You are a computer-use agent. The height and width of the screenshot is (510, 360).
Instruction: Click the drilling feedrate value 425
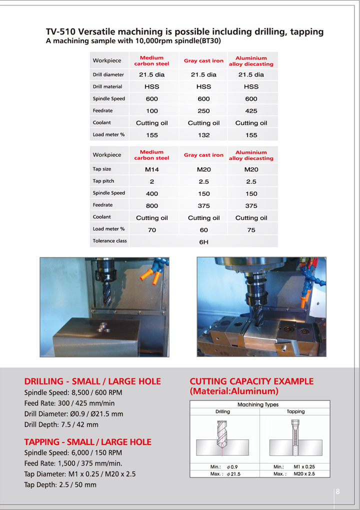coord(251,111)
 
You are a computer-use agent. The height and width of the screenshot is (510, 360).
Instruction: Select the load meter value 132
coord(203,135)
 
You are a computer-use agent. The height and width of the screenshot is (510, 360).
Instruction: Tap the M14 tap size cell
coord(151,169)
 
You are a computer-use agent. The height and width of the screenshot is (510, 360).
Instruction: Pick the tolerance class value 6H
coord(203,242)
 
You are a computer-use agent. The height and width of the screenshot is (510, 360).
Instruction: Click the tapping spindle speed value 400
coord(151,193)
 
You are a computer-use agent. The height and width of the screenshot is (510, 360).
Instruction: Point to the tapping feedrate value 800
coord(151,205)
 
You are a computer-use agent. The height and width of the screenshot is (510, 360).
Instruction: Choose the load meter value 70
coord(151,230)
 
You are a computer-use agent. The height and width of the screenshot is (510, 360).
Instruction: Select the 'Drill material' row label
coord(107,86)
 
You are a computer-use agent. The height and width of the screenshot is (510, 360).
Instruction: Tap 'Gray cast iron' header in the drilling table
coord(203,61)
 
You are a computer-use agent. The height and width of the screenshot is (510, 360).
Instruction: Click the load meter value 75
coord(251,230)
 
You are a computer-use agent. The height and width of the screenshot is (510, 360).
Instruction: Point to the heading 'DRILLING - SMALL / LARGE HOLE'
coord(92,381)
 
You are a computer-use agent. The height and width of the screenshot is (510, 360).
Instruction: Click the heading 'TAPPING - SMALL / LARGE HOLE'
coord(87,442)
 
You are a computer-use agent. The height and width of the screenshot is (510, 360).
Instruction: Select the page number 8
coord(338,491)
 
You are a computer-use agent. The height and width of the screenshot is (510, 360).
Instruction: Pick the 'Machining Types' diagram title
coord(258,404)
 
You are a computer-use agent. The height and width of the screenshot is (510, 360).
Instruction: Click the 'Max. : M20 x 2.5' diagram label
coord(294,473)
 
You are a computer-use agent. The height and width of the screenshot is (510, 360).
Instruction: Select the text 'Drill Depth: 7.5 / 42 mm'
coord(61,424)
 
